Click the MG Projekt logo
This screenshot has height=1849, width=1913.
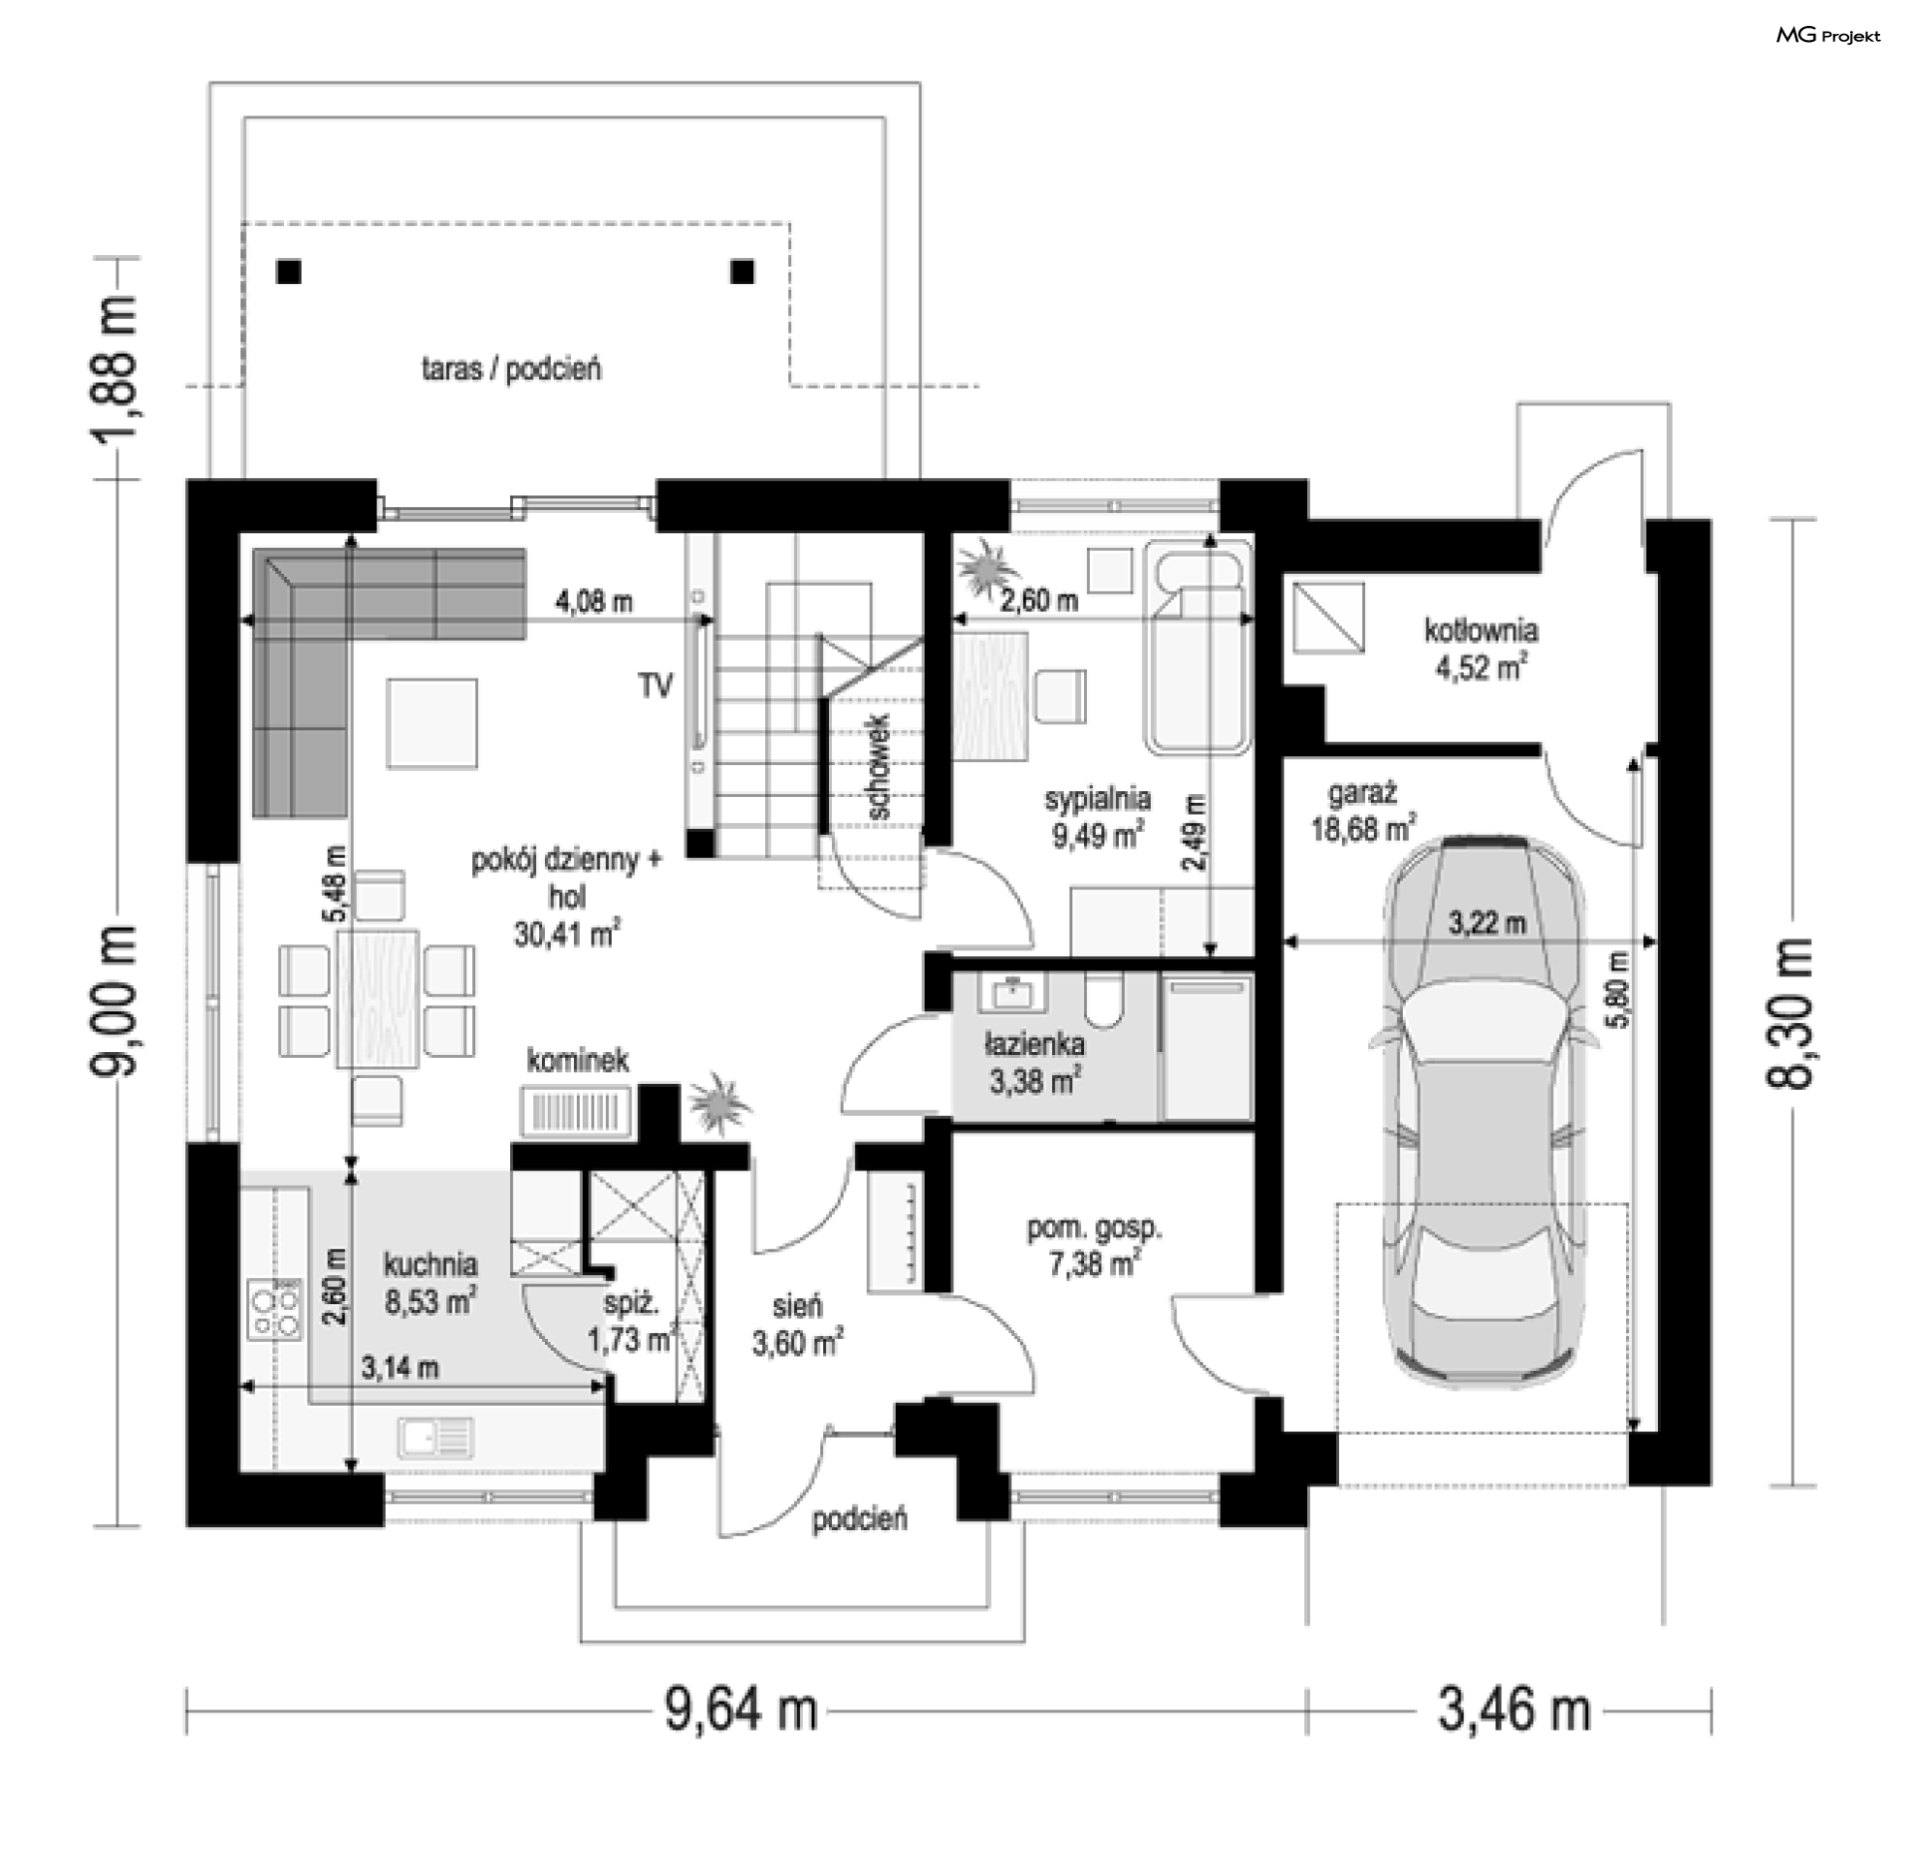tap(1828, 36)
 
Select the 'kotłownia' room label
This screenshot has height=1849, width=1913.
tap(1481, 631)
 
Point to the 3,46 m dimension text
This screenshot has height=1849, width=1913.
tap(1513, 1711)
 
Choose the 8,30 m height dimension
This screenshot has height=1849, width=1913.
tap(1790, 1013)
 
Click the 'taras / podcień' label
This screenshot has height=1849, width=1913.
tap(511, 370)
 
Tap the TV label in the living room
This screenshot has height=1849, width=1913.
tap(656, 685)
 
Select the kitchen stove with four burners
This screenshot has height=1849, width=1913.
tap(274, 1311)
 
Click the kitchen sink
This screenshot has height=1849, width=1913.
tap(435, 1438)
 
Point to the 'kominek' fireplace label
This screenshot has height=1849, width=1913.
tap(578, 1061)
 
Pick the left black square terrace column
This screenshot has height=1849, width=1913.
tap(289, 272)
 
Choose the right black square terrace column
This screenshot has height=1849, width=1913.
tap(742, 272)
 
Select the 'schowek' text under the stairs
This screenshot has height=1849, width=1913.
tap(879, 766)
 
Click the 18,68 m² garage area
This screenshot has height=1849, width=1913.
tap(1363, 827)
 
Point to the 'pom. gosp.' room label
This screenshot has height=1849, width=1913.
tap(1094, 1228)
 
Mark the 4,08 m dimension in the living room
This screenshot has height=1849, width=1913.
tap(594, 602)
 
